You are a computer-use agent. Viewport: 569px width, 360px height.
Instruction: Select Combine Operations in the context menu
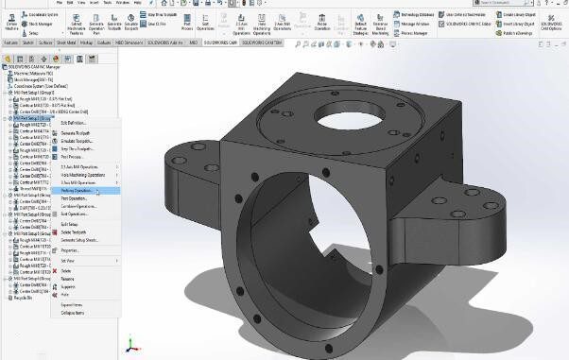point(81,206)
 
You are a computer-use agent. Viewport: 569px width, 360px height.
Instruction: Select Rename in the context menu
point(68,279)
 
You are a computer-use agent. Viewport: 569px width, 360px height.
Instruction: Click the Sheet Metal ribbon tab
point(66,43)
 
